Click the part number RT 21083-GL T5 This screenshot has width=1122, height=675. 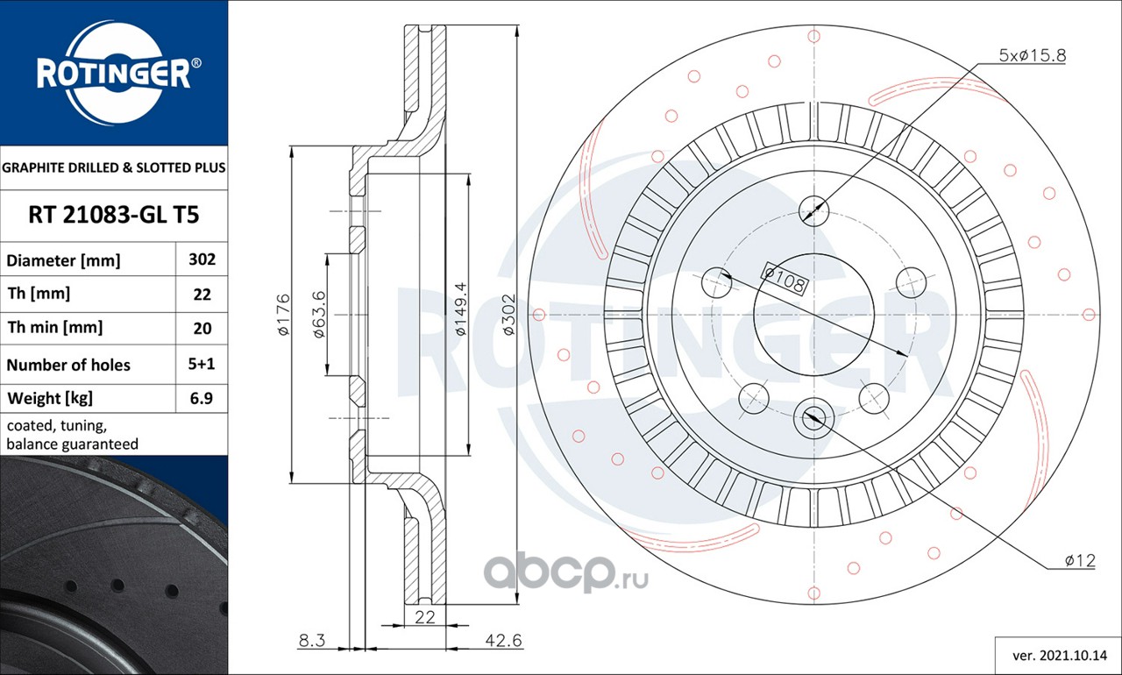point(114,215)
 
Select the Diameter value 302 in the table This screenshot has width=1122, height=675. point(202,259)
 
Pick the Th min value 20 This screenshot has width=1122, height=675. point(202,329)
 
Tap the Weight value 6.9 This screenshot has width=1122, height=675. point(202,398)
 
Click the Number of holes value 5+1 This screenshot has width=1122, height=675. point(202,364)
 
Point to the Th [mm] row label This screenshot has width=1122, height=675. point(39,294)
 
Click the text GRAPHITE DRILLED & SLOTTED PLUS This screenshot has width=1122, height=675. point(114,167)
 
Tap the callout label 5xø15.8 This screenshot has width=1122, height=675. point(1033,55)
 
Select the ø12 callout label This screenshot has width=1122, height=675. point(1080,560)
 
